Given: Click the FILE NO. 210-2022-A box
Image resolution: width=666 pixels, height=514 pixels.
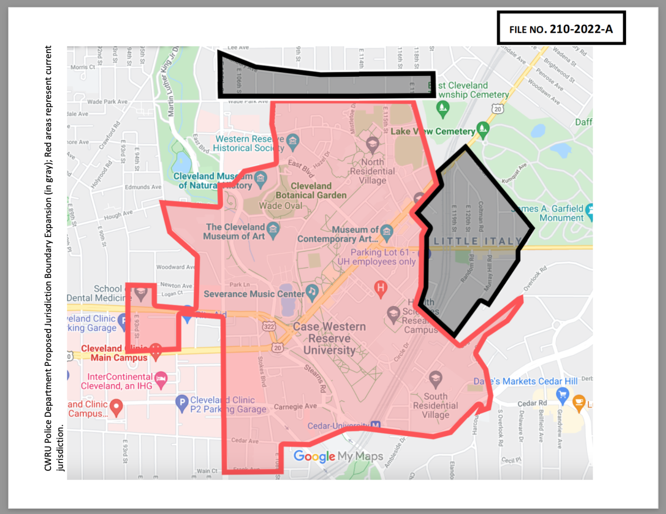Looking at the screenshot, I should [561, 29].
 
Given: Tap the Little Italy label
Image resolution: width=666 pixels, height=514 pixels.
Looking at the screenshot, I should [478, 241].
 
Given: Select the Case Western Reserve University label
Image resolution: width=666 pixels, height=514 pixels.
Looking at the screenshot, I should [329, 338].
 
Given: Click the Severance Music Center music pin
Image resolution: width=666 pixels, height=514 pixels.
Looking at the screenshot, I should [312, 293].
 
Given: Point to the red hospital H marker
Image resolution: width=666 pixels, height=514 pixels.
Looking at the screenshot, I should [381, 288].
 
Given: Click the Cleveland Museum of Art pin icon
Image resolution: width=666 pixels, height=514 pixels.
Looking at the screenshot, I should [273, 228].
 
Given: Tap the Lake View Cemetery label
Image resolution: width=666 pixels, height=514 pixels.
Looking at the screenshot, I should [432, 131].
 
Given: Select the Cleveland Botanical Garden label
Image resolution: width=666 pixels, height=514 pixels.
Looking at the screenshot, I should [311, 190].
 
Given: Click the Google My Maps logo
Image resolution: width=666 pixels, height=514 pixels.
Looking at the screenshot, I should [338, 456].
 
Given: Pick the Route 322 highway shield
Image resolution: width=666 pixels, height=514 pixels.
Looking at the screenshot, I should [269, 326].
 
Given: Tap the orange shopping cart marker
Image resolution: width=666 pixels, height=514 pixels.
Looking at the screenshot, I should [579, 402].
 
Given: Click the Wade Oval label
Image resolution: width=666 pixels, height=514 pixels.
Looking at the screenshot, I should [280, 206].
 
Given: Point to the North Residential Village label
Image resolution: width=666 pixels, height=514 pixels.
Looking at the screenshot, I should [373, 171].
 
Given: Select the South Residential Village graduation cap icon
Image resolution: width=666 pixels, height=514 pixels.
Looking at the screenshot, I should [436, 378].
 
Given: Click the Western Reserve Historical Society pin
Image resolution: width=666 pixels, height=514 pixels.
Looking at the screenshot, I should [292, 140].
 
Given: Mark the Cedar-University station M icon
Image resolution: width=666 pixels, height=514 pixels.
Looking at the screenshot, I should [375, 426].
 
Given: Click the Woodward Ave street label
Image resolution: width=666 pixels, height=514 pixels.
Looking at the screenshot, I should [175, 267].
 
